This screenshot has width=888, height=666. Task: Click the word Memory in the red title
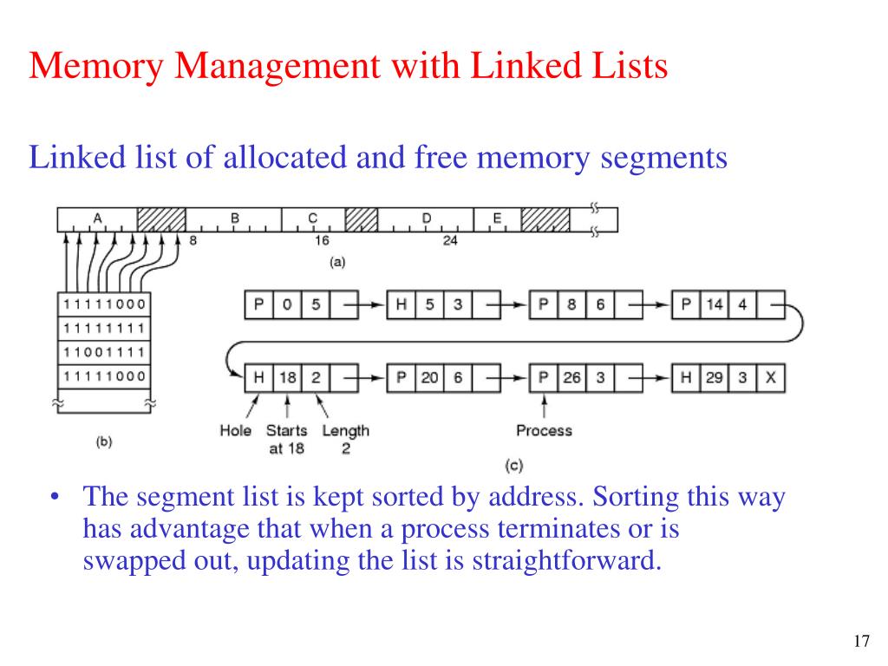(96, 66)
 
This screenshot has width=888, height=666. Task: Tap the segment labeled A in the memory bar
(97, 219)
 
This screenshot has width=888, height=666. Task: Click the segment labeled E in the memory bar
(497, 219)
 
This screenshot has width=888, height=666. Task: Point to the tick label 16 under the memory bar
(322, 241)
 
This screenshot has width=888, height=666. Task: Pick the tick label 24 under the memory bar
(450, 241)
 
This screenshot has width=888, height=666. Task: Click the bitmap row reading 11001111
(104, 353)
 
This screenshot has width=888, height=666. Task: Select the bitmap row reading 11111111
(104, 329)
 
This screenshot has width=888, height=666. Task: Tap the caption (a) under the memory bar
(337, 262)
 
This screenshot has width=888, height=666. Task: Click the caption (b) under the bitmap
(104, 441)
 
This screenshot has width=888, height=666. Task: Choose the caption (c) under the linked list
(513, 466)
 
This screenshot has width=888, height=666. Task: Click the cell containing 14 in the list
(715, 304)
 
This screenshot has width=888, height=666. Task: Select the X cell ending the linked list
(771, 378)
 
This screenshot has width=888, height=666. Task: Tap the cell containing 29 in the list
(715, 378)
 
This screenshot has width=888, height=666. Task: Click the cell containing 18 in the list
(288, 378)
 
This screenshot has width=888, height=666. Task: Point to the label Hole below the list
(236, 431)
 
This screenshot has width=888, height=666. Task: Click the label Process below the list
(545, 431)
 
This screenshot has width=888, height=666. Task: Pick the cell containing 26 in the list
(572, 378)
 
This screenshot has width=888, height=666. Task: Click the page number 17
(861, 641)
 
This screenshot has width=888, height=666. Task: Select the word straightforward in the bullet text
(567, 561)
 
